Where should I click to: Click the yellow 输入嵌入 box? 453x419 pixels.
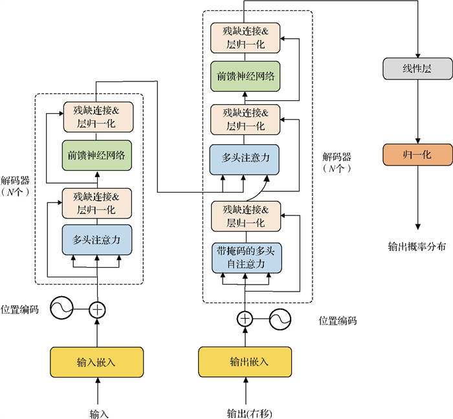(x=96, y=361)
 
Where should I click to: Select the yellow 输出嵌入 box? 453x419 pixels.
(x=245, y=361)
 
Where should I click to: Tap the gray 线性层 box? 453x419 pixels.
(x=417, y=69)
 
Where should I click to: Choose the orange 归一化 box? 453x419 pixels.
(x=417, y=156)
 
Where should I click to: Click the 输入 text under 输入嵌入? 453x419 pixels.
(x=96, y=413)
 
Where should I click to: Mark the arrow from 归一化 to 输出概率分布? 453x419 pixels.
(x=417, y=197)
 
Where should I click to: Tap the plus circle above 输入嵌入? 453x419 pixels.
(x=96, y=310)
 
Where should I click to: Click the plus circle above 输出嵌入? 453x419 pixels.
(x=245, y=318)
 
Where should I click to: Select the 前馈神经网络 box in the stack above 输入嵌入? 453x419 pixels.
(x=96, y=155)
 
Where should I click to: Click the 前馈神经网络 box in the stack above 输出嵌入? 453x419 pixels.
(x=245, y=76)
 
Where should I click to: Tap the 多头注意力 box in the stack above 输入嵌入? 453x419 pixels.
(x=96, y=239)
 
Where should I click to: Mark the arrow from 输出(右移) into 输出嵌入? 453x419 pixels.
(x=245, y=392)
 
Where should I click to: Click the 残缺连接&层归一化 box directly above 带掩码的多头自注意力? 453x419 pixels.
(x=245, y=216)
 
